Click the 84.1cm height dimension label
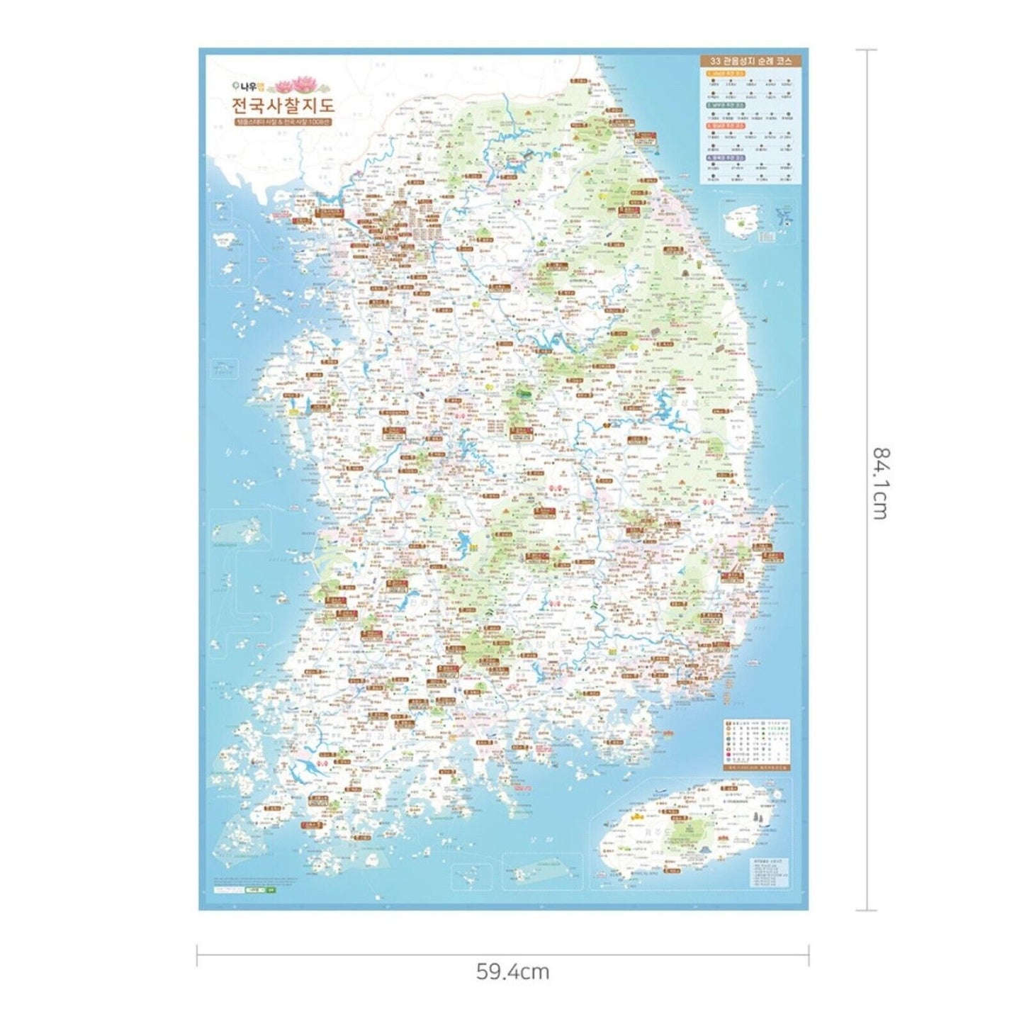click(x=879, y=483)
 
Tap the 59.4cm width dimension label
click(x=512, y=971)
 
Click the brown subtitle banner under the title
click(x=283, y=122)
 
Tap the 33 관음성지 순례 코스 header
click(x=750, y=61)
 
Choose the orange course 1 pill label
click(x=725, y=73)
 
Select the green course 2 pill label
click(x=725, y=105)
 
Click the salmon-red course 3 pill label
click(x=725, y=125)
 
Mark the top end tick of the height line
click(x=866, y=50)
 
